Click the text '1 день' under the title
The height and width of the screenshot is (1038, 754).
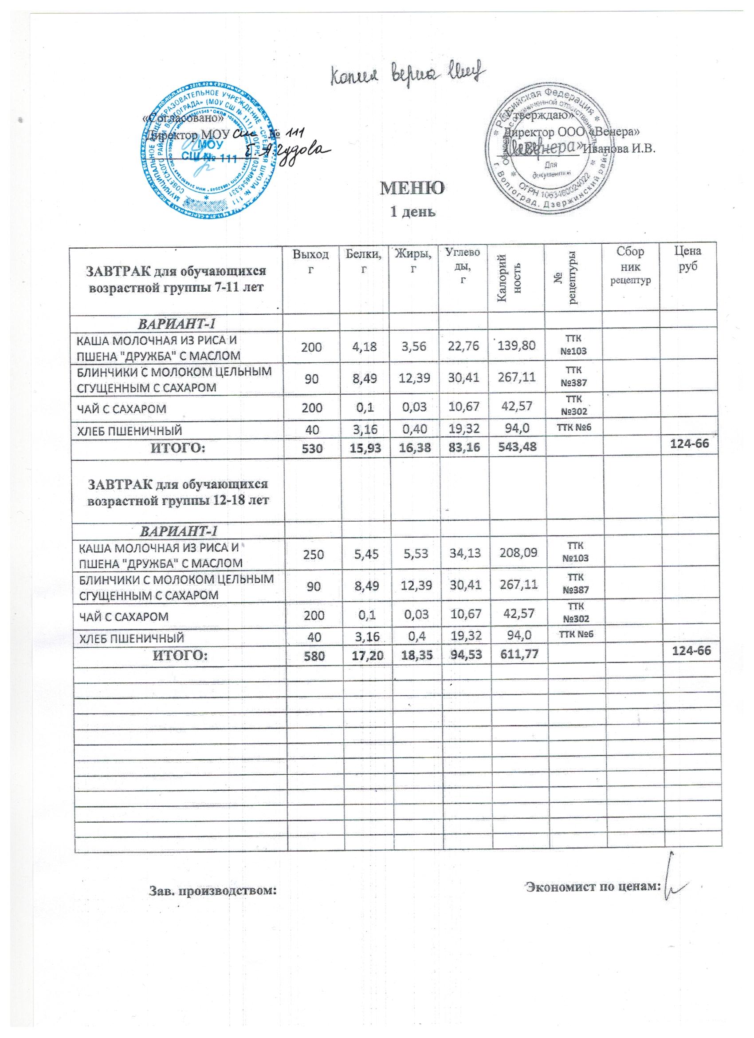(x=412, y=212)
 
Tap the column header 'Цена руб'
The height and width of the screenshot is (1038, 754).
(x=688, y=258)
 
